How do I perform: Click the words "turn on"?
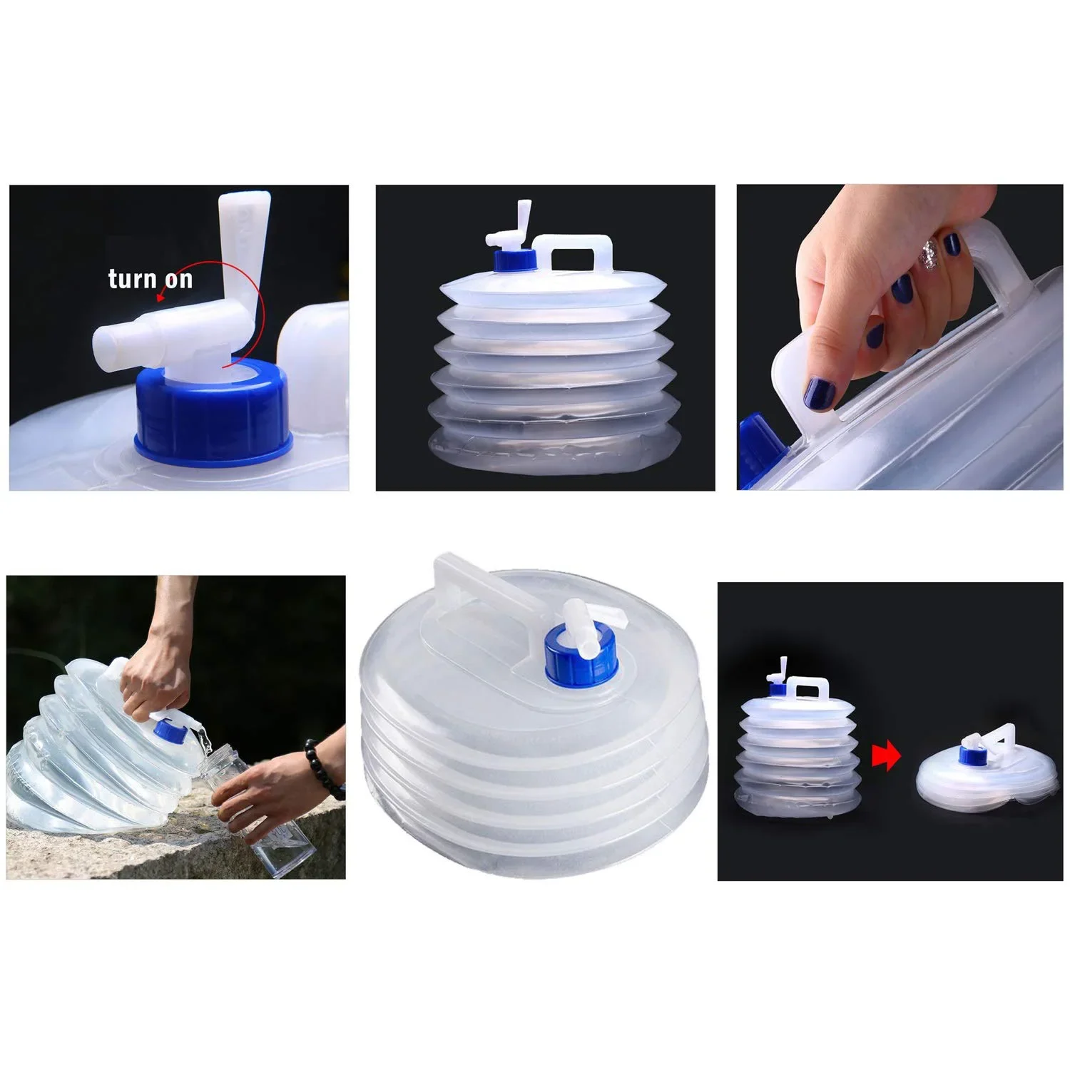pos(150,278)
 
